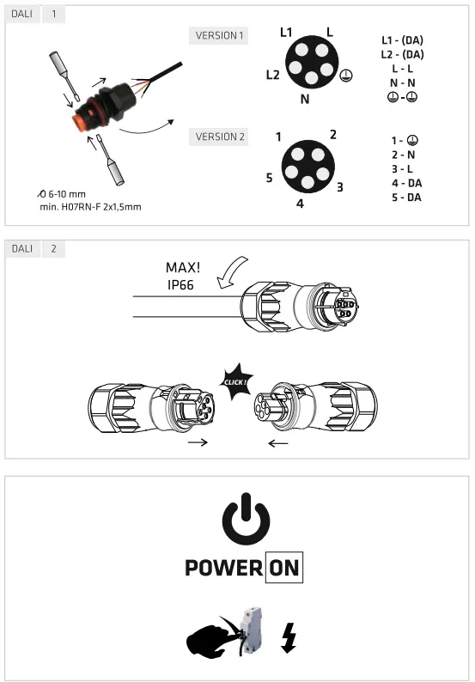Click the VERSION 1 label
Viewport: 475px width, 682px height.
[219, 36]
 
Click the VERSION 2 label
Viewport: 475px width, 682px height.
[219, 137]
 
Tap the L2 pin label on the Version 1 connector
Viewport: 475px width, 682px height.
[272, 75]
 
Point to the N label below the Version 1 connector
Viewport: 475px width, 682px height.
[305, 99]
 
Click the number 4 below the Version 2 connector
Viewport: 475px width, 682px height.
[300, 204]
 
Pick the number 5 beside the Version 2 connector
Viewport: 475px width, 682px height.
[269, 178]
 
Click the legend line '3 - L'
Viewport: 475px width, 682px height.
[402, 169]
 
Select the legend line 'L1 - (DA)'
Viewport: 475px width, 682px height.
[402, 40]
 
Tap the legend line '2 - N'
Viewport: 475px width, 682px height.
[402, 155]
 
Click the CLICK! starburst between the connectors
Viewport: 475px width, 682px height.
[234, 381]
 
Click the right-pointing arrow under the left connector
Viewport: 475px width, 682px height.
[197, 443]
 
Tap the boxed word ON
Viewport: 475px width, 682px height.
[283, 568]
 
